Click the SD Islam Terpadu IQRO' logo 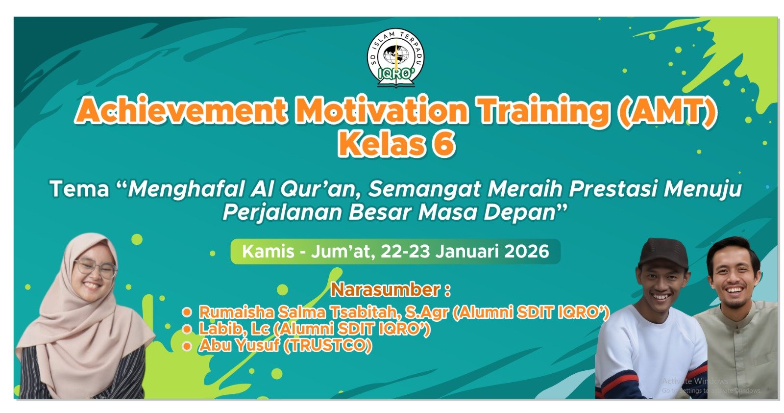(395, 58)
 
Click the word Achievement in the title (181, 110)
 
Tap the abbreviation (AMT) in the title (666, 111)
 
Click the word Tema (79, 189)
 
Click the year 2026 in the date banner (527, 251)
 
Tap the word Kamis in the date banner (268, 251)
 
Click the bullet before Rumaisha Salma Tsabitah (187, 312)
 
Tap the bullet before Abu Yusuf (187, 346)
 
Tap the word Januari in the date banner (467, 251)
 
